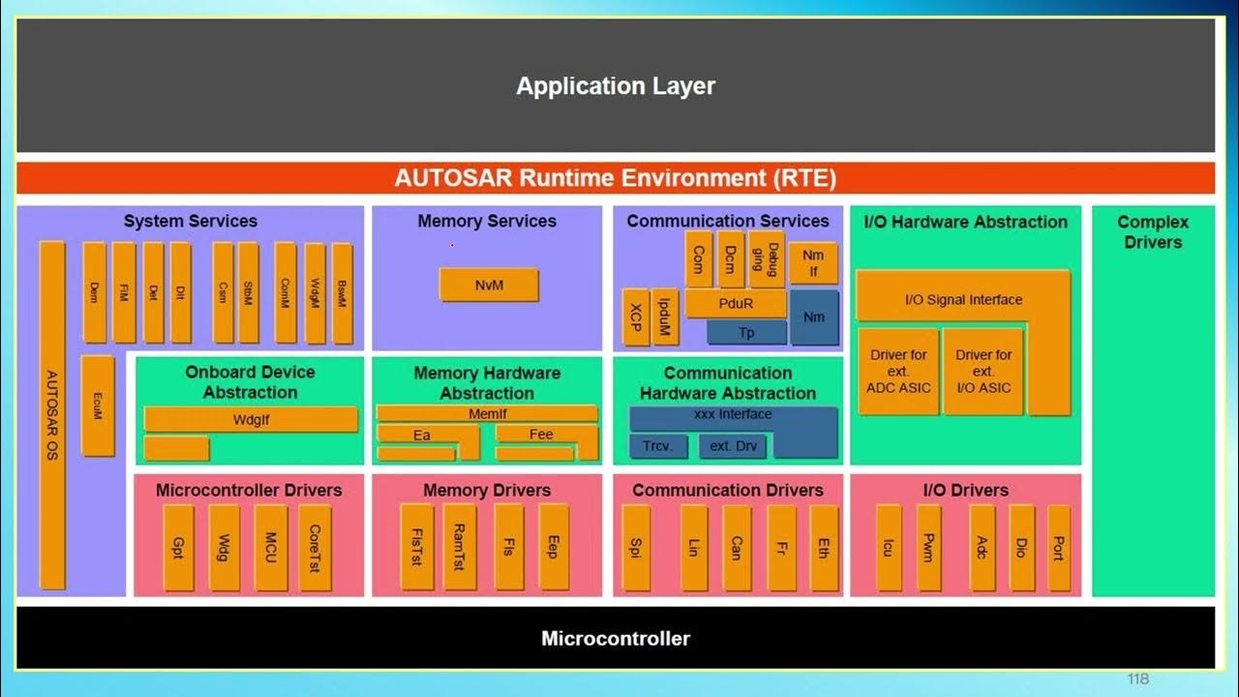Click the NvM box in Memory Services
tap(489, 285)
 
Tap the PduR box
tap(735, 303)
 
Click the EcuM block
tap(98, 405)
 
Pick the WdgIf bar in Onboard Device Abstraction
tap(250, 419)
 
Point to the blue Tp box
tap(746, 332)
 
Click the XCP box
tap(635, 317)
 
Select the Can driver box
tap(736, 547)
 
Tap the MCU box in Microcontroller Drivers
tap(271, 547)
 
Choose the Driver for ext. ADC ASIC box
tap(898, 372)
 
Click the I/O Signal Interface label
tap(963, 299)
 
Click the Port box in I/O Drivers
tap(1058, 547)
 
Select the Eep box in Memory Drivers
tap(553, 547)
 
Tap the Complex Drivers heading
tap(1152, 231)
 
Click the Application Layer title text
tap(616, 85)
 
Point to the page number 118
tap(1138, 679)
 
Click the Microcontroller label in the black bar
tap(616, 638)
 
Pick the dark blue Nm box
tap(814, 317)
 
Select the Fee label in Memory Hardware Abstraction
tap(541, 434)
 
